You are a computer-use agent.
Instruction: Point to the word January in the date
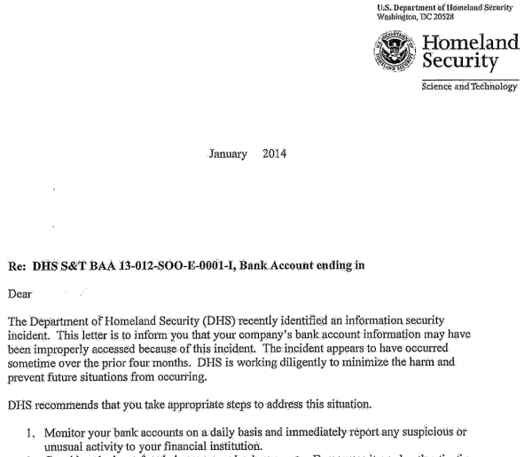click(228, 154)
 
